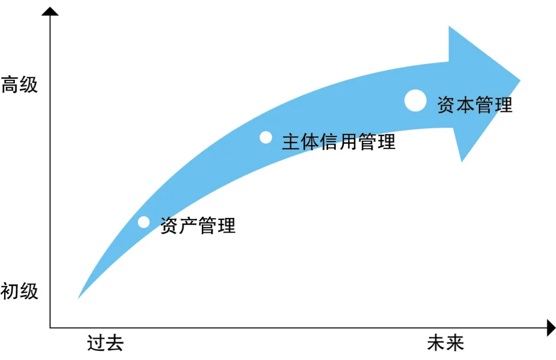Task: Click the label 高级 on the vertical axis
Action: click(x=20, y=85)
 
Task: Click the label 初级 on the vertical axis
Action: click(x=20, y=292)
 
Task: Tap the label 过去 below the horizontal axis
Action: click(x=105, y=343)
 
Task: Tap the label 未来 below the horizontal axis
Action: click(x=445, y=343)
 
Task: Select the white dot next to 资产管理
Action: click(x=144, y=222)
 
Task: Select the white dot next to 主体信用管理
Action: click(x=266, y=137)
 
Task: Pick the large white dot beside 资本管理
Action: click(x=415, y=100)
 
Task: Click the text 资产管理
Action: click(x=198, y=226)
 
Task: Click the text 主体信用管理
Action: click(x=339, y=142)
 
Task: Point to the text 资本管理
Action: click(x=475, y=105)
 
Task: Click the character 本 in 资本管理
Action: click(x=465, y=105)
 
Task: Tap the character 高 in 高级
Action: click(x=10, y=85)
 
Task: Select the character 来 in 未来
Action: click(x=455, y=343)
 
